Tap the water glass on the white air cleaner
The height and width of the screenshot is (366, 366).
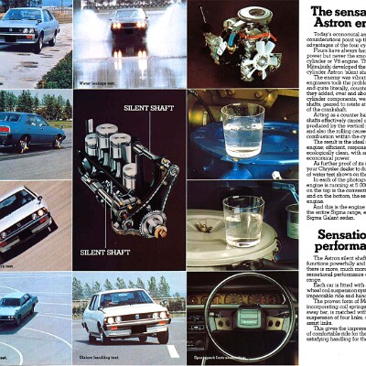241,220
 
